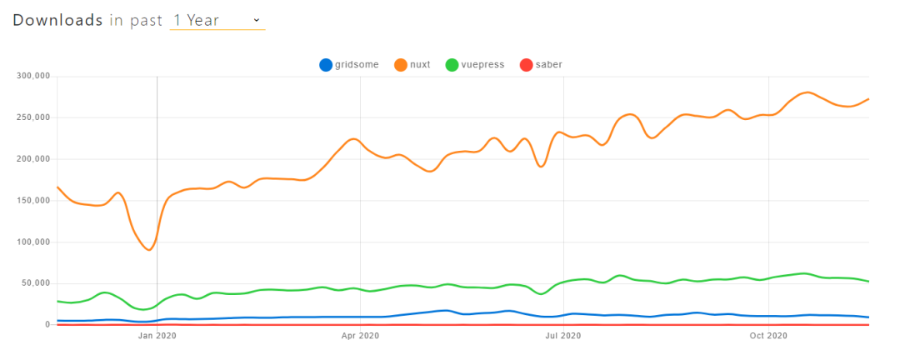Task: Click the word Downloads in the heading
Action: pyautogui.click(x=57, y=20)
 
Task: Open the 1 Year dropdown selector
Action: pyautogui.click(x=217, y=20)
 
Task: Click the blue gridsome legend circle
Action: pyautogui.click(x=326, y=65)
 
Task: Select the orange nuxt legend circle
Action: pyautogui.click(x=402, y=65)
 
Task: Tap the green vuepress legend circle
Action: pyautogui.click(x=452, y=65)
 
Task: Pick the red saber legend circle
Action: pyautogui.click(x=526, y=65)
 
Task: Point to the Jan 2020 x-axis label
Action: pyautogui.click(x=157, y=336)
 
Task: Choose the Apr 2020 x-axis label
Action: pyautogui.click(x=360, y=336)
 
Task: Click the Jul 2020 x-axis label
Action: pyautogui.click(x=563, y=336)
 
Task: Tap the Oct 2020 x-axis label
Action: pyautogui.click(x=767, y=336)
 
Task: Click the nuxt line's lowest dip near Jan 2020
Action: pyautogui.click(x=149, y=250)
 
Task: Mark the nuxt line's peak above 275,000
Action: pyautogui.click(x=807, y=92)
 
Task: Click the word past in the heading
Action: pyautogui.click(x=146, y=20)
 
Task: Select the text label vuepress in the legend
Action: pyautogui.click(x=482, y=65)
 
